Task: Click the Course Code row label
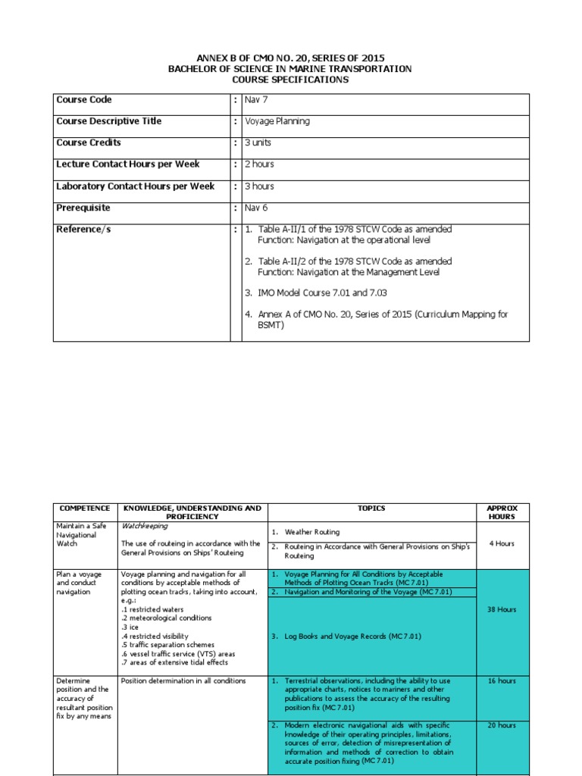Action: tap(83, 99)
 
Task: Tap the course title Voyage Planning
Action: tap(277, 121)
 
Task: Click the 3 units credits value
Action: tap(258, 142)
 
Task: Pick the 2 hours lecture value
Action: tap(259, 164)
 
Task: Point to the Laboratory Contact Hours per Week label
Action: tap(135, 186)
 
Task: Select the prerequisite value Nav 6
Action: tap(256, 208)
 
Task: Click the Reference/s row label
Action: tap(83, 229)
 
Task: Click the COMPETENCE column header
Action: tap(85, 508)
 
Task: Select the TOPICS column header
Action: tap(371, 508)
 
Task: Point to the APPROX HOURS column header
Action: tap(502, 512)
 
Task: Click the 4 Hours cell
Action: tap(502, 543)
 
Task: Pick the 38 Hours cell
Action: tap(502, 609)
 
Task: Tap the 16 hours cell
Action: tap(502, 681)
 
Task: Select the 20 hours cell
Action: tap(502, 725)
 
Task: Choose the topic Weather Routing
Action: tap(312, 532)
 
